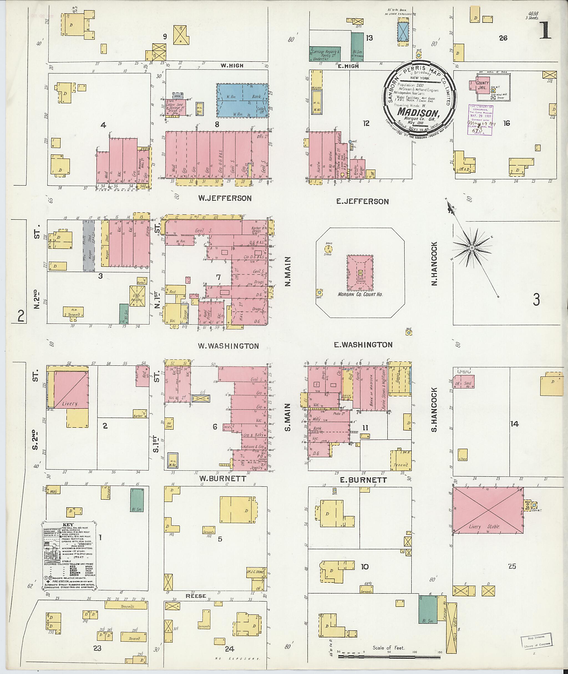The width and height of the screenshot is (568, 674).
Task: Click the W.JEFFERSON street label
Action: click(x=224, y=198)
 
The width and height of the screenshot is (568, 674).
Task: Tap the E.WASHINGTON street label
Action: click(x=363, y=345)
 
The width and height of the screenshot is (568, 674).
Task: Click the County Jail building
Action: click(x=483, y=85)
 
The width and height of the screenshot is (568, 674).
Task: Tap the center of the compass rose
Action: click(x=471, y=248)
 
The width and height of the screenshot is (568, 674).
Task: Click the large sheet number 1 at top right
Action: click(x=546, y=32)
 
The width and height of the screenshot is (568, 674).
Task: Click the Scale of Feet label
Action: click(x=388, y=648)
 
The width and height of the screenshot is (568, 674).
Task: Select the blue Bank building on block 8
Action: click(x=242, y=100)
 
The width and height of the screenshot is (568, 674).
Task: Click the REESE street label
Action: click(x=196, y=596)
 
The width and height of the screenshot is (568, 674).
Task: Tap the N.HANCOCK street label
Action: click(x=434, y=264)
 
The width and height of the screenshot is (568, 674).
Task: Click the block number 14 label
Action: click(x=514, y=424)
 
